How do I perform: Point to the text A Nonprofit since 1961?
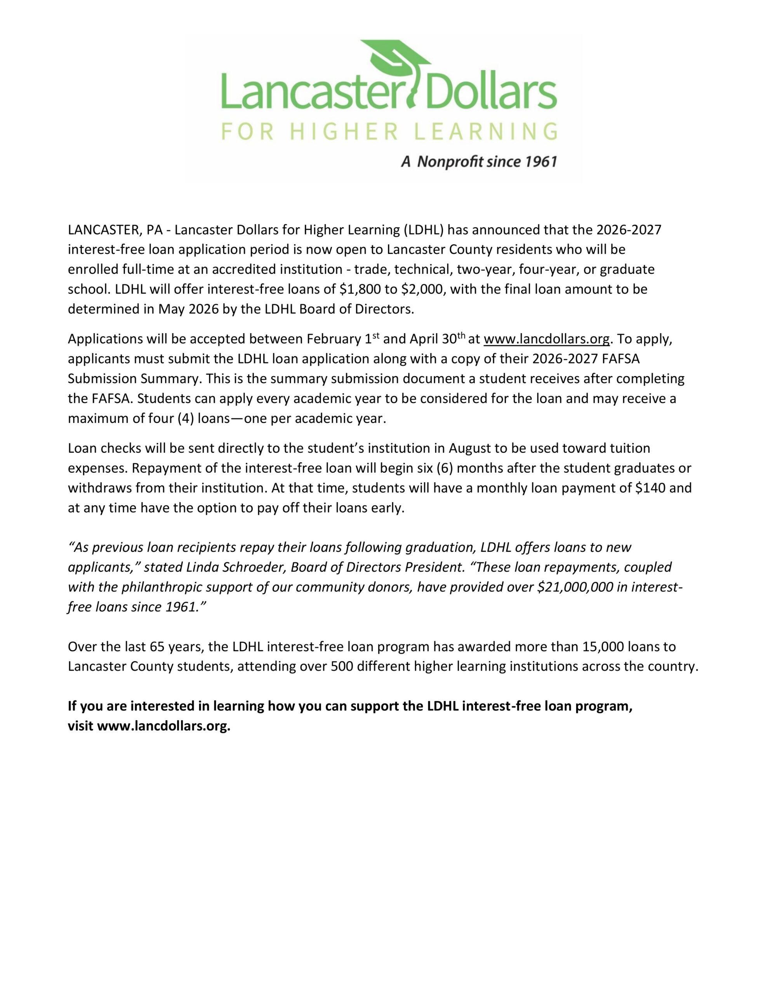pyautogui.click(x=479, y=162)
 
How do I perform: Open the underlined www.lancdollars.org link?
pyautogui.click(x=546, y=339)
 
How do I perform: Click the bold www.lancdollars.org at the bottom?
pyautogui.click(x=163, y=726)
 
